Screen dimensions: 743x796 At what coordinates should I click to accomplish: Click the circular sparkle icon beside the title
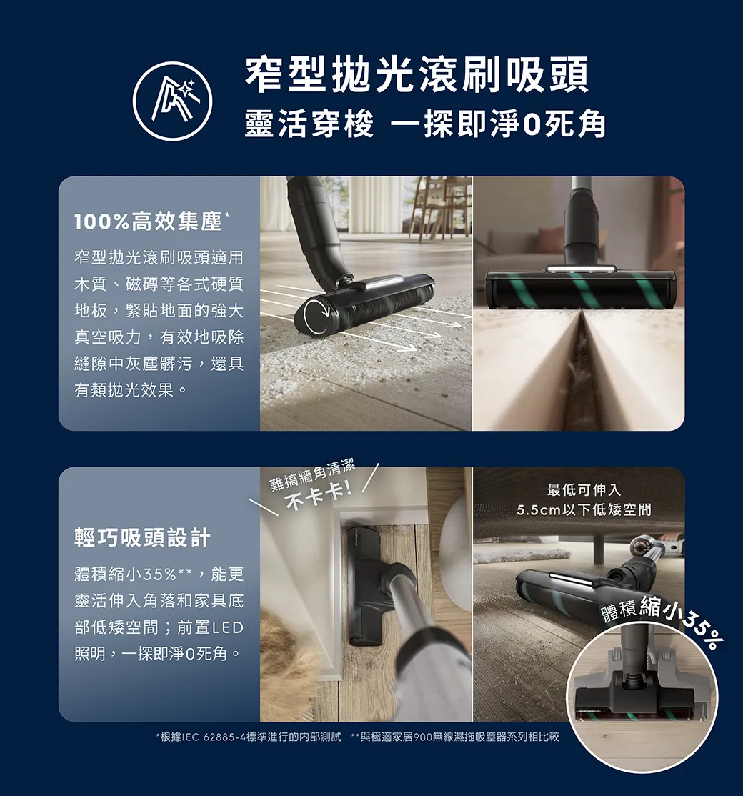tap(173, 101)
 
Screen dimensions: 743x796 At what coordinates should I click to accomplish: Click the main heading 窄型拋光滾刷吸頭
tap(417, 74)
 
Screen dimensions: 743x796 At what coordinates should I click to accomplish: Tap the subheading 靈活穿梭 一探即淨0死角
tap(425, 124)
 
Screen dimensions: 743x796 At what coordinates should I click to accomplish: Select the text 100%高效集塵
tap(148, 222)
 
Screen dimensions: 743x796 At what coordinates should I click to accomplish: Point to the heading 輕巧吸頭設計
tap(142, 537)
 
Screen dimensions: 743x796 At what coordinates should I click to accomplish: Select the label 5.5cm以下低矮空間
tap(584, 509)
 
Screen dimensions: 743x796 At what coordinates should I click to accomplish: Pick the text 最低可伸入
tap(584, 490)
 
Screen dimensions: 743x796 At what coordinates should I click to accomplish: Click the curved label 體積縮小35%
tap(659, 620)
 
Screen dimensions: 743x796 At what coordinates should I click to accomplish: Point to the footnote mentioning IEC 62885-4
tap(248, 737)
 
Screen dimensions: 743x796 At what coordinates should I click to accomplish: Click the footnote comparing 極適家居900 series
tap(455, 737)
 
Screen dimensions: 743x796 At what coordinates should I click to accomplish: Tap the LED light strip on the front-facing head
tap(581, 269)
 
